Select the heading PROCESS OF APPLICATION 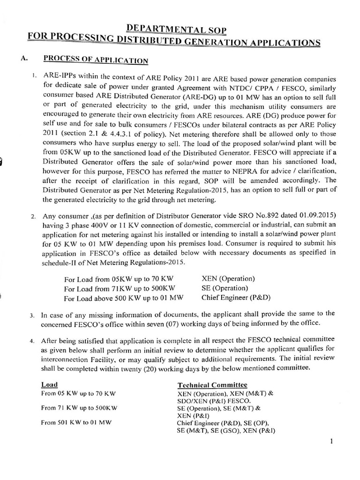[x=96, y=60]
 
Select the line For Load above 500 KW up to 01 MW [x=123, y=298]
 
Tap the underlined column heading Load [x=49, y=385]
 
